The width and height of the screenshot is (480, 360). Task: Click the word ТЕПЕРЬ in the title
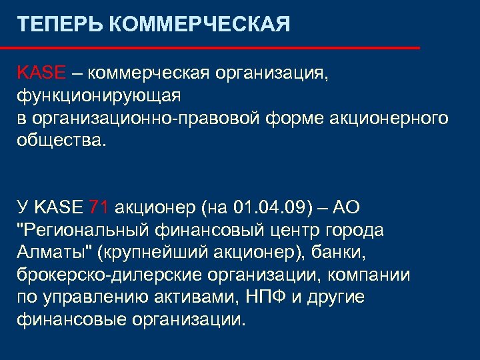tap(59, 25)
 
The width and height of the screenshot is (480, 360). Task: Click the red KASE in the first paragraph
tap(41, 73)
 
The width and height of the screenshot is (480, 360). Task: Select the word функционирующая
tap(99, 96)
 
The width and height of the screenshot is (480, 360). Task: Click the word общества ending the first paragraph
tap(58, 141)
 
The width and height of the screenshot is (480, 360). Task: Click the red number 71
tap(99, 208)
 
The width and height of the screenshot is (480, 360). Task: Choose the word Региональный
tap(92, 231)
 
